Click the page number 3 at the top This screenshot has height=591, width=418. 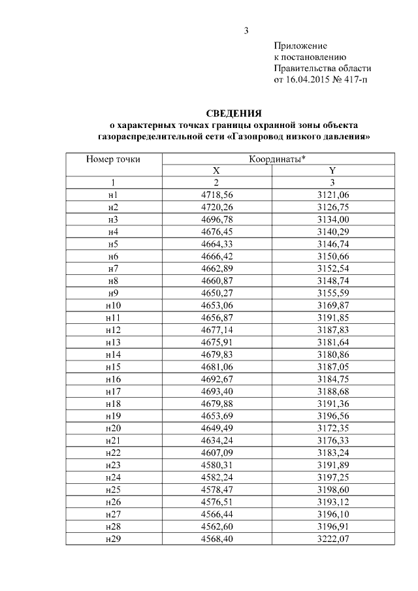[x=246, y=31]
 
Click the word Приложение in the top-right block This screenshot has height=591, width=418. [x=300, y=46]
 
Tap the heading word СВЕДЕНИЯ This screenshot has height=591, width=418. [x=234, y=113]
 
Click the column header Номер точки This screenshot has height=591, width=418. [x=113, y=159]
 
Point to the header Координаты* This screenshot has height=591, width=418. [x=278, y=159]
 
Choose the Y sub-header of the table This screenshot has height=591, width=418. [x=332, y=170]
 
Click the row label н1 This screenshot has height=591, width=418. [x=113, y=195]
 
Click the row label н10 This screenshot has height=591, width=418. [x=113, y=304]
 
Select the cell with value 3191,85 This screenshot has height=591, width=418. [x=332, y=317]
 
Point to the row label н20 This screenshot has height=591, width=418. [x=113, y=426]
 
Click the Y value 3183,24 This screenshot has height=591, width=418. [x=332, y=451]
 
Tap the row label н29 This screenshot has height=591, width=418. [x=113, y=537]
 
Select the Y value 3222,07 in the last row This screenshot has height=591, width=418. [x=332, y=537]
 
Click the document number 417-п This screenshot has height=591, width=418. [x=357, y=80]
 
